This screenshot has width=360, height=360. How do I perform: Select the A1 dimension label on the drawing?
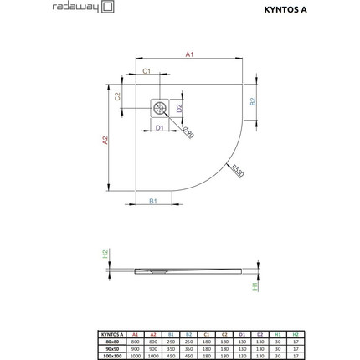[x=189, y=54]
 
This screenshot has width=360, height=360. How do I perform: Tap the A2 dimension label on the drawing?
[x=105, y=141]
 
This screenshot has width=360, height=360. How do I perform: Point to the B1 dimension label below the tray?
[x=153, y=202]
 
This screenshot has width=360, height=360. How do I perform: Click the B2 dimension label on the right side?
[x=254, y=101]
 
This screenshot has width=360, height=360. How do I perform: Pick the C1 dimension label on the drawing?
[x=147, y=72]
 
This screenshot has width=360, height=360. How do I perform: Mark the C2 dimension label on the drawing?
[x=118, y=95]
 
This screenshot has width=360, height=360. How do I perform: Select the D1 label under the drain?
[x=159, y=127]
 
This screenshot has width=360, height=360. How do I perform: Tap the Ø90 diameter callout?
[x=188, y=132]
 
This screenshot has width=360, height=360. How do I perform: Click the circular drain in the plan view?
[x=159, y=107]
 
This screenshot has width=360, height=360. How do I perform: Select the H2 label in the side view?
[x=105, y=255]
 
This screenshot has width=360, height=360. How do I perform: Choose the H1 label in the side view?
[x=255, y=285]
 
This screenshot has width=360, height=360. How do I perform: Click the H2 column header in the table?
[x=295, y=333]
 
